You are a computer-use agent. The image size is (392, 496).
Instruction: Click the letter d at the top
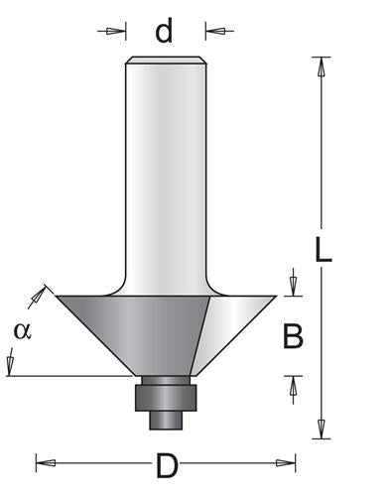pos(165,32)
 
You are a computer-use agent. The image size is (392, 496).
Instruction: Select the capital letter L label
pos(323,247)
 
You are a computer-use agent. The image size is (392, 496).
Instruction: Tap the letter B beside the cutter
pos(293,338)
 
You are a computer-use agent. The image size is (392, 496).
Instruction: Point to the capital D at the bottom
pos(166,462)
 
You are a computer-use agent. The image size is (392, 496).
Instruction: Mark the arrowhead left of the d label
pos(120,32)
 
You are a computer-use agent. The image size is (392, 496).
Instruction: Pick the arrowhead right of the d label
pos(211,32)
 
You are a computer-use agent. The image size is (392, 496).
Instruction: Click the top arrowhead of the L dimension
pos(321,64)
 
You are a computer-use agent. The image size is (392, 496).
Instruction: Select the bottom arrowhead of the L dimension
pos(321,430)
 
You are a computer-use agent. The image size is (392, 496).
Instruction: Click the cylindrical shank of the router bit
pos(166,169)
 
